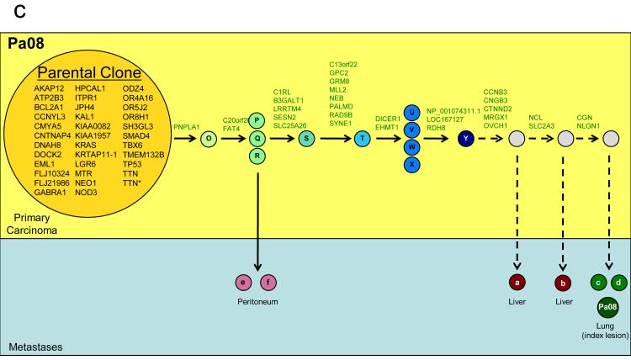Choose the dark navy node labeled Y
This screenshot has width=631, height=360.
point(465,138)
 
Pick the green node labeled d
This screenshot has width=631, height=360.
point(620,283)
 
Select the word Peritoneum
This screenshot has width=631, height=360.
point(258,301)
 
